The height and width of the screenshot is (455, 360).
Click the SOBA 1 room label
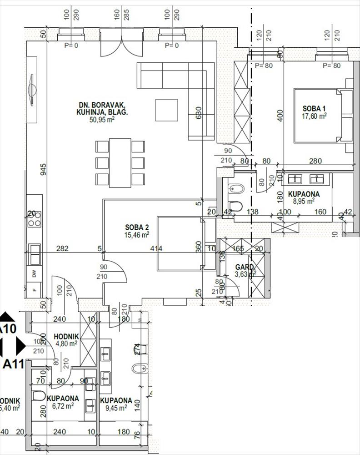tap(315, 109)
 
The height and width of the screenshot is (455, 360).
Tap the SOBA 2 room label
tap(137, 227)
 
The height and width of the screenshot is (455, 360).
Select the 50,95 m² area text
tap(102, 119)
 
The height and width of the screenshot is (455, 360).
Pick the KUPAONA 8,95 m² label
tap(304, 194)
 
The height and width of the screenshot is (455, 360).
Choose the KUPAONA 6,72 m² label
tap(63, 399)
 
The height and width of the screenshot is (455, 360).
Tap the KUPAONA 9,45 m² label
tap(116, 400)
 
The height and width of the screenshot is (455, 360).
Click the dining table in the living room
tap(120, 162)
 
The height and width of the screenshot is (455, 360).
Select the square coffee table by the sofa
tap(167, 110)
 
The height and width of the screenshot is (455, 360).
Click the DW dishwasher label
tap(34, 274)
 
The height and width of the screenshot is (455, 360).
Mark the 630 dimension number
tap(198, 112)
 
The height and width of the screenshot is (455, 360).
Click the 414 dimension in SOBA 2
tap(156, 248)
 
